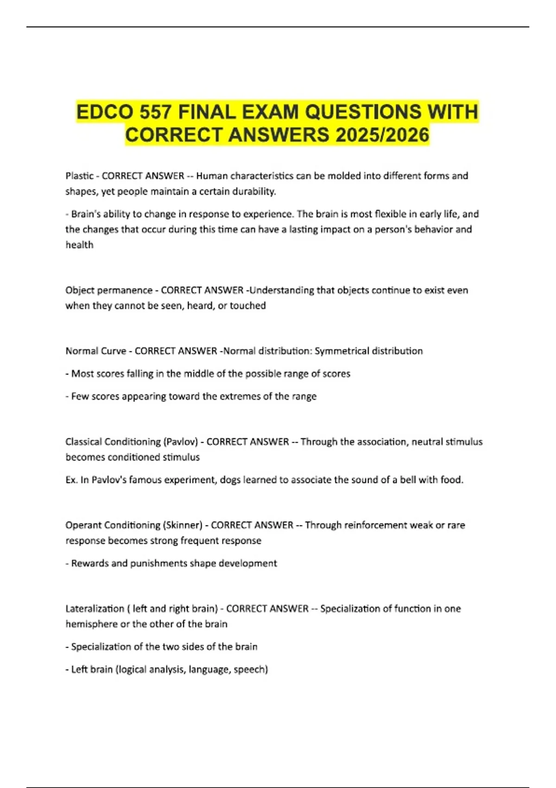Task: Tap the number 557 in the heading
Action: coord(156,113)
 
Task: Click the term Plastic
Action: coord(79,176)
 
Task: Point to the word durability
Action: coord(254,191)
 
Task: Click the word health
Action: coord(79,245)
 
